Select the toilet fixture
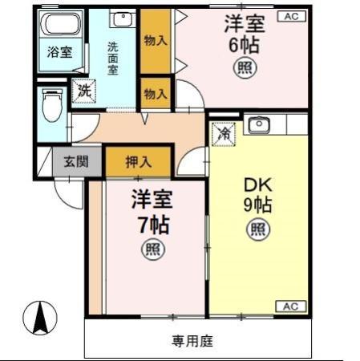tap(51, 107)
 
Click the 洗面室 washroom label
tap(112, 58)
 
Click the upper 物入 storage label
tap(156, 40)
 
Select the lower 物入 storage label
tap(156, 94)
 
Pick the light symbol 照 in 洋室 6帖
tap(244, 69)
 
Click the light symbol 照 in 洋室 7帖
tap(152, 250)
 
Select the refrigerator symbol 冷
tap(225, 131)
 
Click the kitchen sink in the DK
tap(258, 125)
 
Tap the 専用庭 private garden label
tap(192, 341)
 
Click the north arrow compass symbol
tap(39, 318)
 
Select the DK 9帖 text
tap(257, 193)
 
